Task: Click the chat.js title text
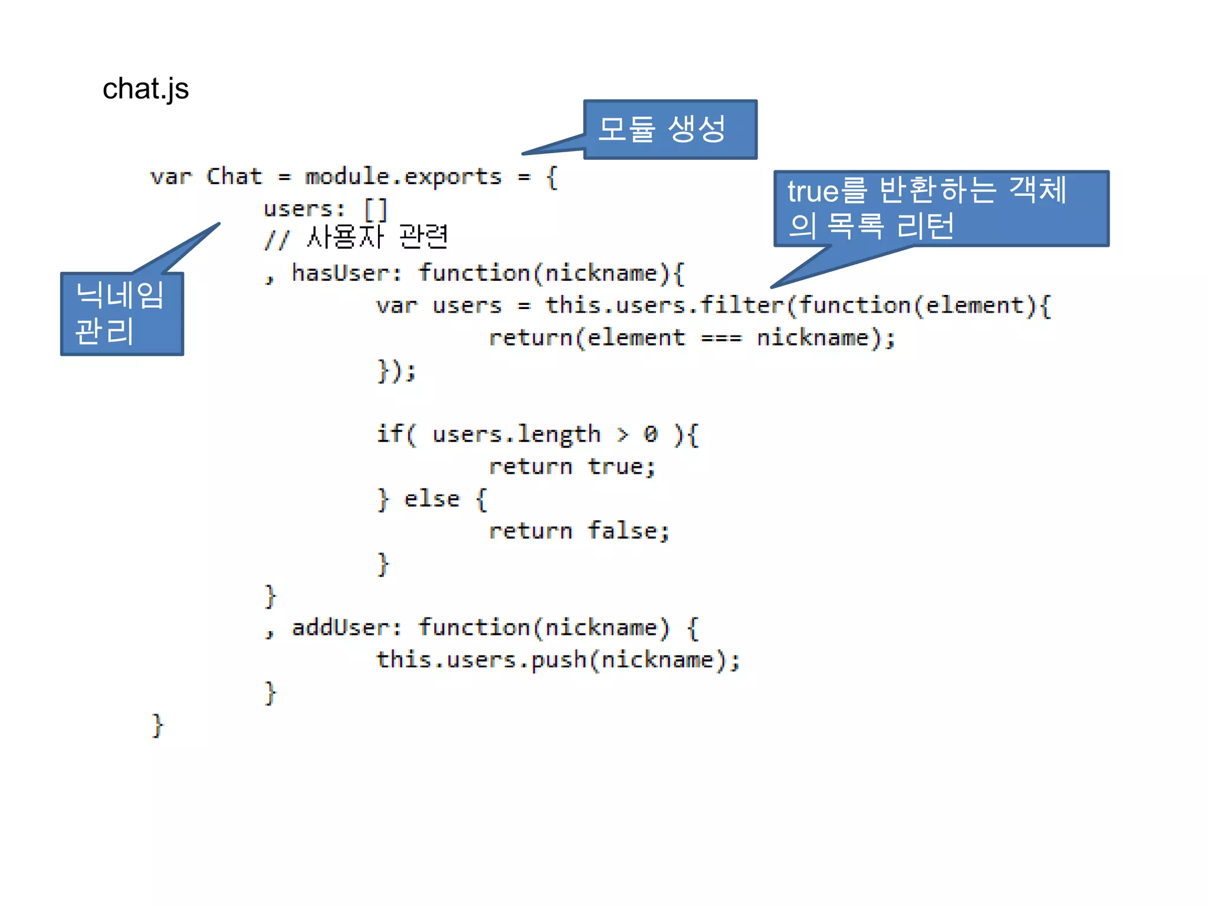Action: point(145,89)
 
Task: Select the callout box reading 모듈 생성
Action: point(670,129)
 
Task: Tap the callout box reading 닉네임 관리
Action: point(122,314)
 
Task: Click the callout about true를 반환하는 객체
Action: point(941,208)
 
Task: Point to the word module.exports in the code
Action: point(403,176)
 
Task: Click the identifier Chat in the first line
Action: point(234,176)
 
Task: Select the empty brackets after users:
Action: point(375,209)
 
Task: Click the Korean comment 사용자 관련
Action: point(377,237)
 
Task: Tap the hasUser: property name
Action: point(346,273)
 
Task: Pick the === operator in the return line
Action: point(721,338)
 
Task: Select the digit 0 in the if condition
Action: point(650,435)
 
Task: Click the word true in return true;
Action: point(615,467)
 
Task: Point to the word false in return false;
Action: point(622,531)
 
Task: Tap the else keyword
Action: point(432,499)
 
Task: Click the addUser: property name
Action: point(346,628)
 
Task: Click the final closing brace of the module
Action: point(157,726)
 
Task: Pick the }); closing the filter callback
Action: point(396,371)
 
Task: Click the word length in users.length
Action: point(559,435)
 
